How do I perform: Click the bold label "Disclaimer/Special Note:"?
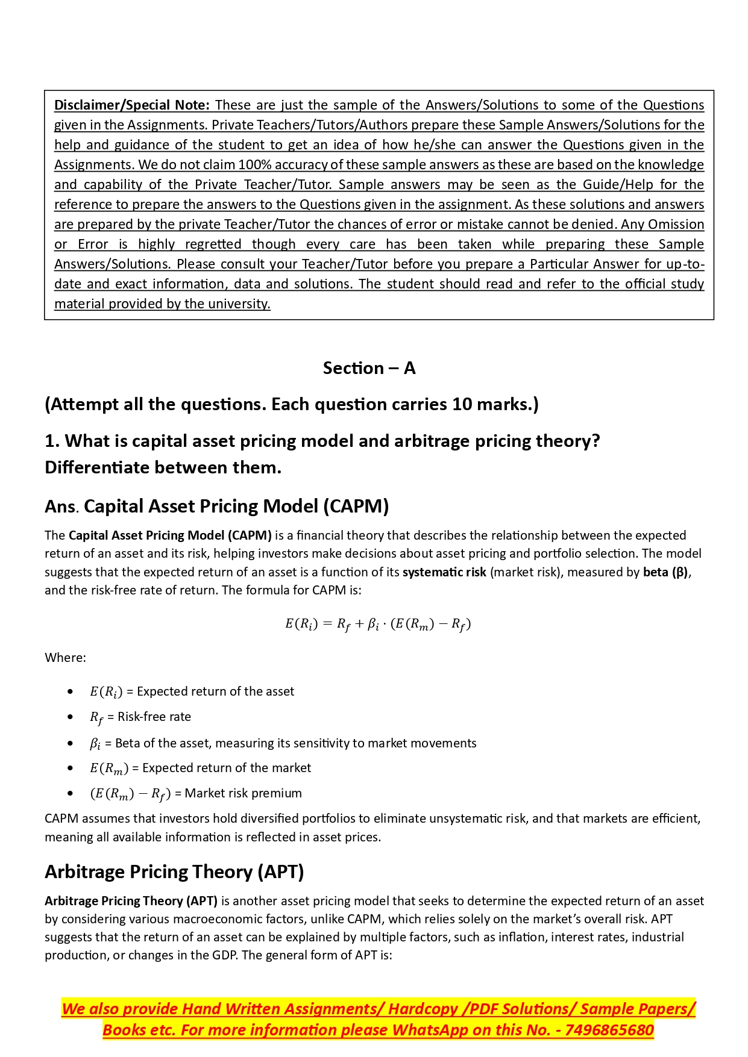point(131,105)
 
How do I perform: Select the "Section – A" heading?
point(369,368)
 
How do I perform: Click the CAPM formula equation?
point(377,625)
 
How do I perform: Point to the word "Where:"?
point(65,658)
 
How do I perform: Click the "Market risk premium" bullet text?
point(243,793)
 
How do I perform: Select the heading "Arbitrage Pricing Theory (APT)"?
point(174,871)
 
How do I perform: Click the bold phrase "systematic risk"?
point(444,572)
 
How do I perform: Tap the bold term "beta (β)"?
point(665,572)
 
